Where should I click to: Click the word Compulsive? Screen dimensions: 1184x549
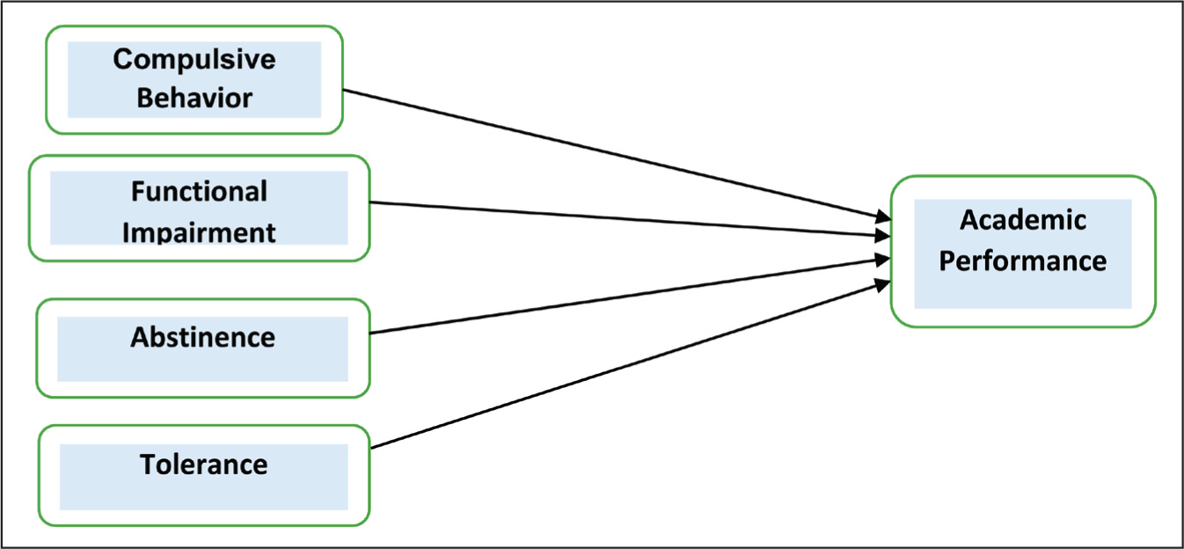tap(194, 60)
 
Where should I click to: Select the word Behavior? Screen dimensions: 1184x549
tap(194, 98)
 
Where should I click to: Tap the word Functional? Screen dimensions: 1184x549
tap(199, 191)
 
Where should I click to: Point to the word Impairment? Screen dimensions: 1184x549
tap(199, 233)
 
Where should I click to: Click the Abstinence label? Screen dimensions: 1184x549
tap(203, 337)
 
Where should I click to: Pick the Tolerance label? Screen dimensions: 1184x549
tap(204, 465)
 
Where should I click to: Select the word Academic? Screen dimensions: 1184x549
tap(1023, 219)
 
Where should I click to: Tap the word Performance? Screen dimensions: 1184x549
tap(1023, 260)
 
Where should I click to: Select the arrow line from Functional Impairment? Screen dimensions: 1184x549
tap(630, 219)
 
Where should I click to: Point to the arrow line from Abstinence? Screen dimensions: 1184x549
tap(630, 296)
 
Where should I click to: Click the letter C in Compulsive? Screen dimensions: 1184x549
tap(122, 59)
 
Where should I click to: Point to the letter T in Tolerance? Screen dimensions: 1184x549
tap(149, 465)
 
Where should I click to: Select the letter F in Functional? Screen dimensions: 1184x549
tap(138, 191)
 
